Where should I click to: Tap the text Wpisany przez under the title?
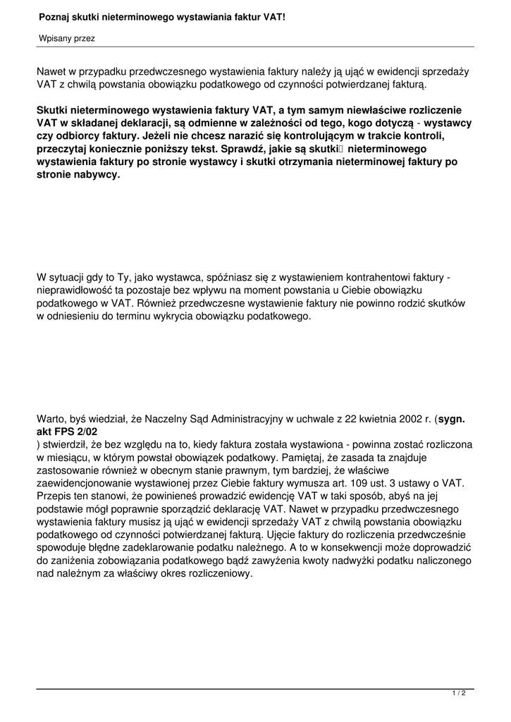(x=66, y=39)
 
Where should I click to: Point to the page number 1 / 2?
(x=459, y=694)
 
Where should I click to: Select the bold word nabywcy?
(x=97, y=175)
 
